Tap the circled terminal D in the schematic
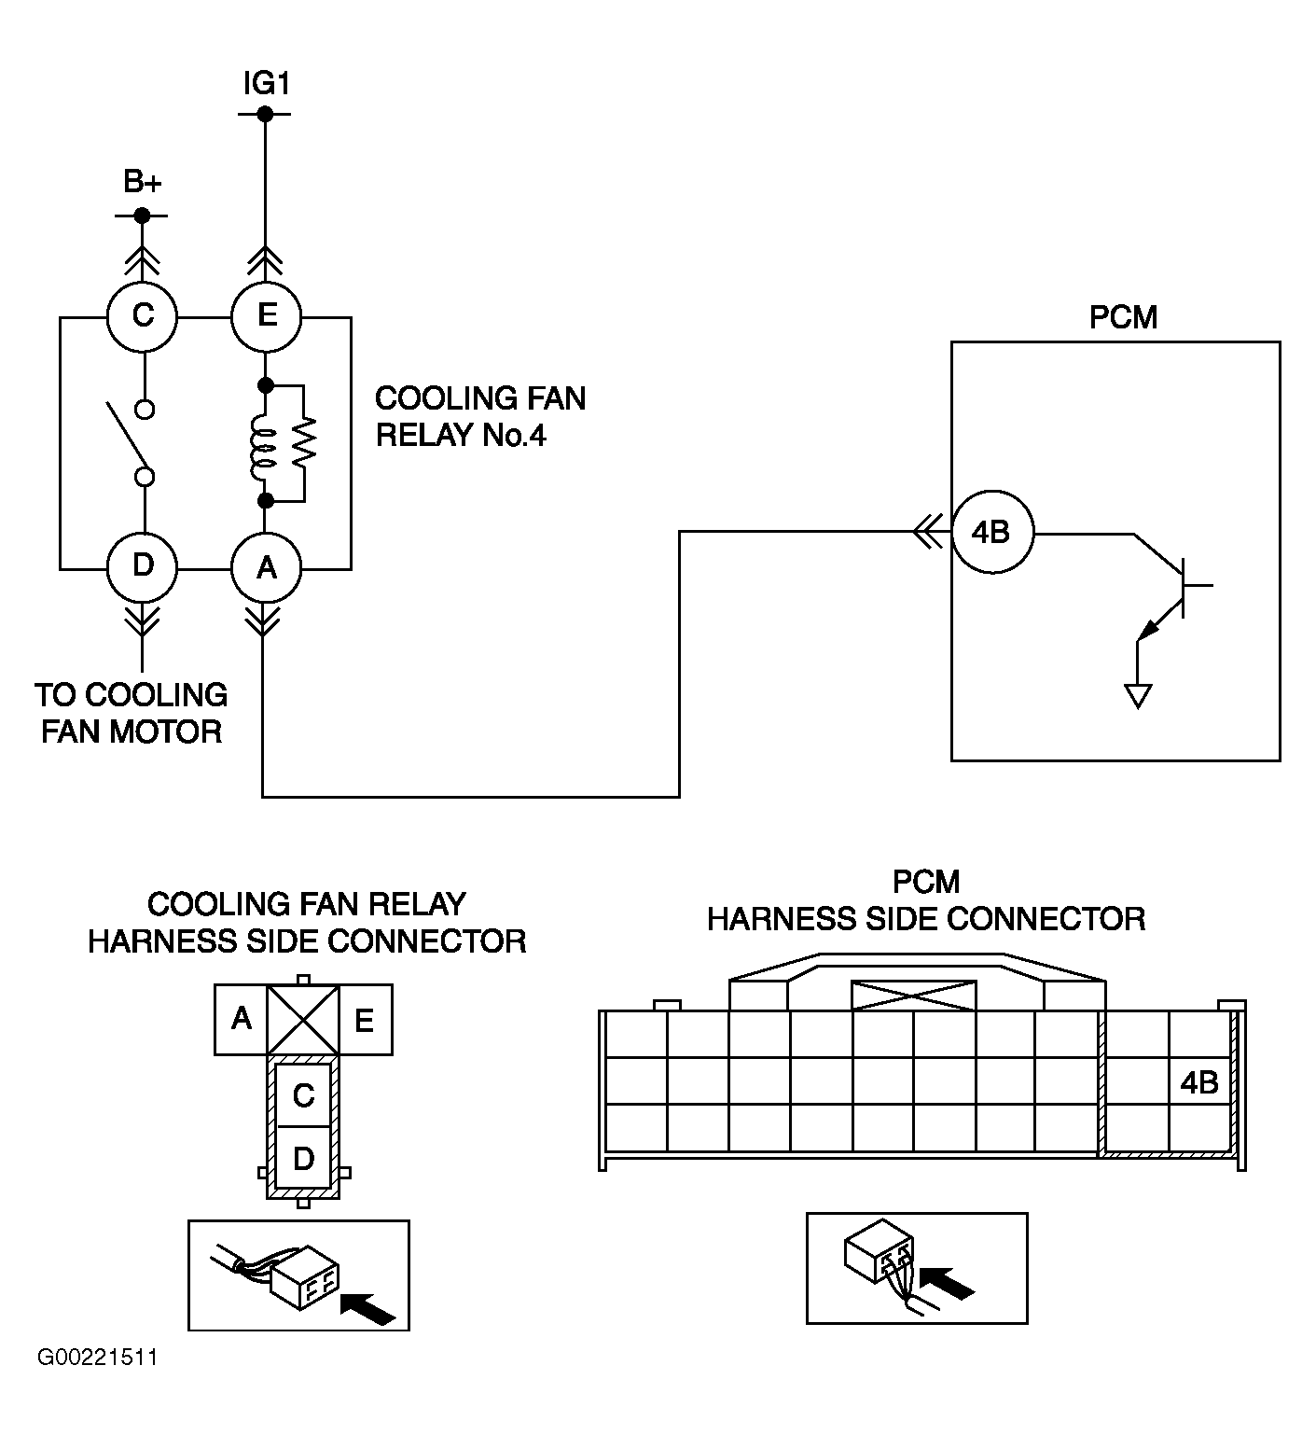click(142, 567)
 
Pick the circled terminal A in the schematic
click(266, 567)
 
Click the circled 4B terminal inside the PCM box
click(992, 534)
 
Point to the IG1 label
click(267, 84)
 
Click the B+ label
click(143, 182)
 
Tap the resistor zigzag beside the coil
click(304, 443)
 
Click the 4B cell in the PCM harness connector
click(1199, 1082)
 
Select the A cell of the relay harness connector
click(242, 1019)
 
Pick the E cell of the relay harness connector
click(365, 1019)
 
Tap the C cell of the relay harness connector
click(303, 1094)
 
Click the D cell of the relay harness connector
click(303, 1158)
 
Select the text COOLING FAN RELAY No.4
click(480, 417)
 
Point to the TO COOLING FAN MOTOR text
click(132, 713)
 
